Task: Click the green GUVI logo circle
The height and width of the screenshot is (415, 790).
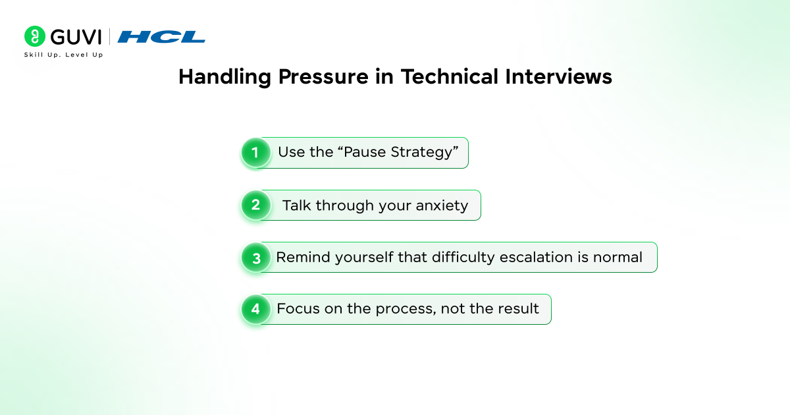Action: click(x=34, y=36)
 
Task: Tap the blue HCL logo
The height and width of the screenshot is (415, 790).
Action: click(x=161, y=37)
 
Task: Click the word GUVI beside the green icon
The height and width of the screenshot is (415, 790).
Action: click(x=76, y=37)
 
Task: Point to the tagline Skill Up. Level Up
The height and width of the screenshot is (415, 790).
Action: click(x=63, y=55)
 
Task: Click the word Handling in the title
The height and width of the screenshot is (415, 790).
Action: click(x=224, y=77)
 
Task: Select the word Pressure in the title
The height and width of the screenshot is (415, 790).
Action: click(x=323, y=76)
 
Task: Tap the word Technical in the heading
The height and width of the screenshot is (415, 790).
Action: click(x=450, y=76)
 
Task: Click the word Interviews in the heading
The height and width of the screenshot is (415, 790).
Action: click(x=559, y=76)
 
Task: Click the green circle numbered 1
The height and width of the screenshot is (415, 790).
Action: click(x=255, y=152)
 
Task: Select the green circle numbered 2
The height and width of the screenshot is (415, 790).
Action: click(x=255, y=205)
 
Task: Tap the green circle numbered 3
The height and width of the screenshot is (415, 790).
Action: click(x=255, y=258)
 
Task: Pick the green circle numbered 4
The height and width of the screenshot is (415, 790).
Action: click(x=255, y=309)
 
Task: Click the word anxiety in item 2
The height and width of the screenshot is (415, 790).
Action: click(x=442, y=206)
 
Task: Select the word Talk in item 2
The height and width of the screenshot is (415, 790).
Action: click(x=297, y=206)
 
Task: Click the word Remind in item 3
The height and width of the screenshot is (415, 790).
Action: click(x=303, y=258)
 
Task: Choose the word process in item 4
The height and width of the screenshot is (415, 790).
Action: click(x=406, y=310)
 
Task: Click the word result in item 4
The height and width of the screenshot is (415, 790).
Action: click(x=519, y=309)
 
